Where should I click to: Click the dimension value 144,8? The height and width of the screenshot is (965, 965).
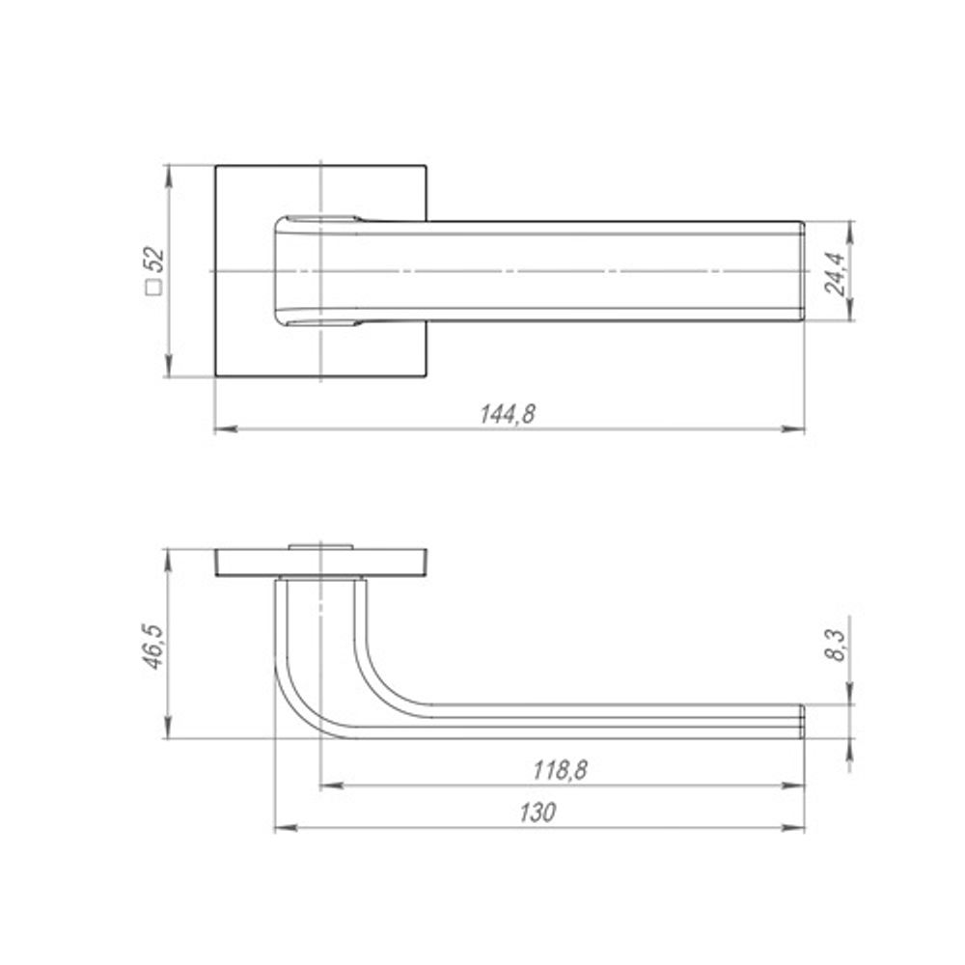click(x=508, y=413)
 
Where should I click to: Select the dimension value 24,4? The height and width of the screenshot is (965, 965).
click(x=836, y=271)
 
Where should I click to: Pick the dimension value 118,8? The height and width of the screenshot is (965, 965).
click(x=561, y=770)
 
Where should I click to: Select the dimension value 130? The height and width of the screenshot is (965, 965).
click(x=539, y=813)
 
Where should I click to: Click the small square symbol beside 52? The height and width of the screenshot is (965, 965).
click(x=152, y=287)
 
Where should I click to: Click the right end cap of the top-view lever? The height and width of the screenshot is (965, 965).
click(x=800, y=271)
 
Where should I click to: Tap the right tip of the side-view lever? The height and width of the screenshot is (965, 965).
click(x=801, y=722)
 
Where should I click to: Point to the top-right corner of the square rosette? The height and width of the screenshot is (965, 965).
click(x=427, y=166)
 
